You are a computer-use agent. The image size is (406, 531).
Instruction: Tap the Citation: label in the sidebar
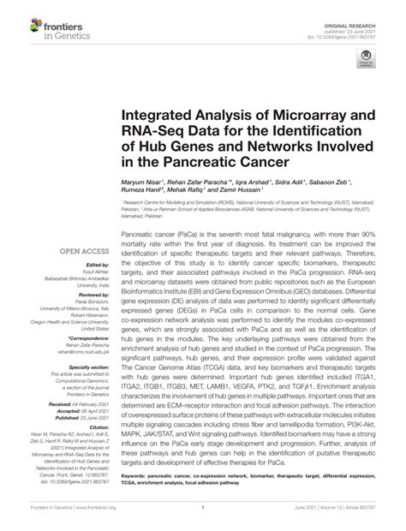(x=98, y=426)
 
